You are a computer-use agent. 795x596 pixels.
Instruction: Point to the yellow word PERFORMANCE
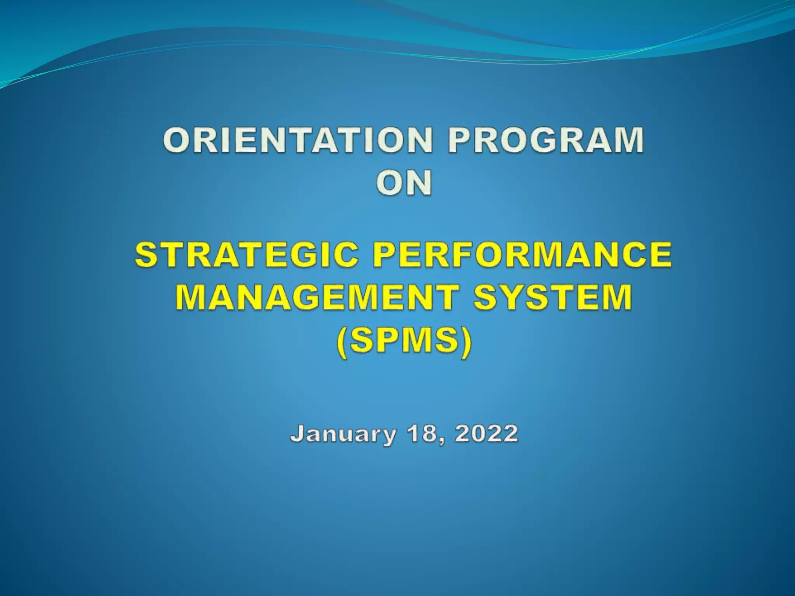pyautogui.click(x=522, y=255)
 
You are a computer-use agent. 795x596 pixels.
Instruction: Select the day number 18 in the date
pyautogui.click(x=423, y=433)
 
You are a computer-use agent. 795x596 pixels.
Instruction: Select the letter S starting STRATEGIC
pyautogui.click(x=146, y=255)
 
